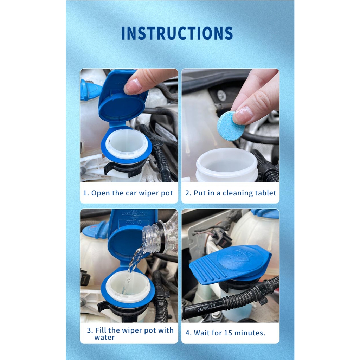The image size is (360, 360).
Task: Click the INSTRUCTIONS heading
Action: (177, 33)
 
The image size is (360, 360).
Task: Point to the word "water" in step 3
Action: (104, 337)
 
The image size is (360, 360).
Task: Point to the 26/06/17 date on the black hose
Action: (207, 308)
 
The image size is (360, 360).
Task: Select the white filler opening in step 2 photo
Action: (227, 163)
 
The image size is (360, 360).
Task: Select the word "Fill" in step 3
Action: (101, 330)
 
